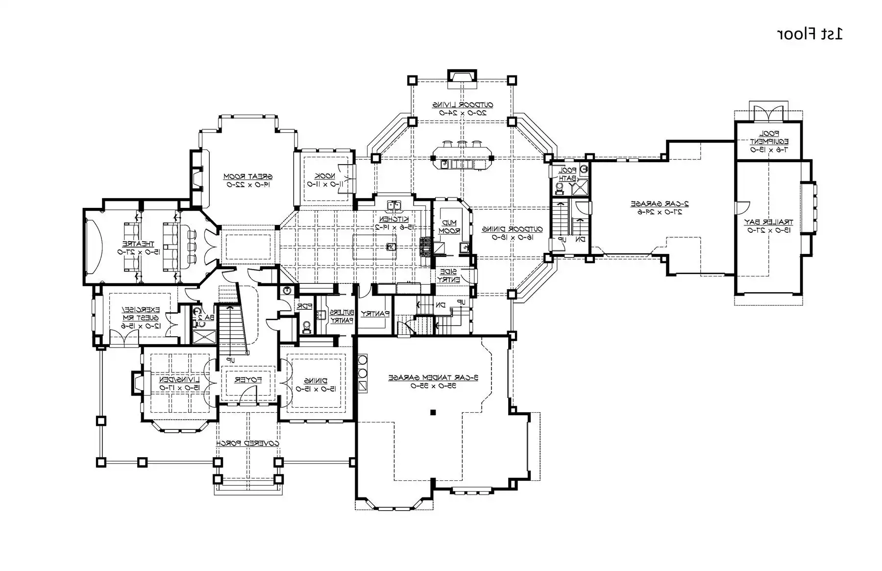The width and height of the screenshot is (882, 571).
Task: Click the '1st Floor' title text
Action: coord(809,34)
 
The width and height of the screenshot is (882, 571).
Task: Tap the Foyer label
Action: coord(247,380)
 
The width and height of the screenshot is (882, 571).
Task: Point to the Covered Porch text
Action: coord(248,443)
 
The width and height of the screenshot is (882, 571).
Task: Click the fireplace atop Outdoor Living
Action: coord(462,76)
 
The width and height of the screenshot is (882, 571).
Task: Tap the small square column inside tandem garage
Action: coord(433,413)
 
